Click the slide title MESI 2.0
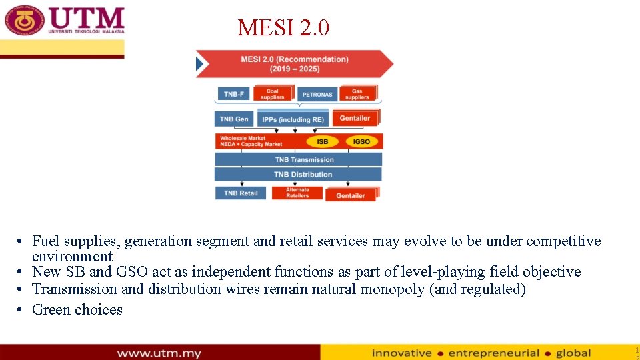point(283,28)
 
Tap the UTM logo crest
point(25,20)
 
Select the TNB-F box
point(233,94)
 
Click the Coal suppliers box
point(273,94)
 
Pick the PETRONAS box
point(317,94)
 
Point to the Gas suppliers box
point(357,94)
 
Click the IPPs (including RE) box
point(293,119)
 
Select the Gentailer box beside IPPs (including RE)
point(355,118)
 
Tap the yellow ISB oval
point(322,141)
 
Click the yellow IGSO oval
point(361,141)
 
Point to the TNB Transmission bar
point(298,159)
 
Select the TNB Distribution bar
point(298,175)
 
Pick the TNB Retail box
point(240,193)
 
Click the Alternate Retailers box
point(297,193)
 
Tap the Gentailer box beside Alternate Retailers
point(351,195)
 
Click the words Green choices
point(77,309)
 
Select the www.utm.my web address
point(159,353)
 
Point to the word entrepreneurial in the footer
point(493,353)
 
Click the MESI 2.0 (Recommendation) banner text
point(294,64)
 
